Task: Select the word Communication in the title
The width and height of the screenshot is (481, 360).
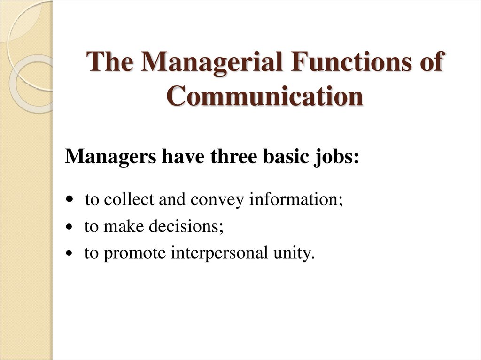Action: (x=265, y=96)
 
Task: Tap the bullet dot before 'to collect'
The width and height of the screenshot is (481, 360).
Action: (x=70, y=200)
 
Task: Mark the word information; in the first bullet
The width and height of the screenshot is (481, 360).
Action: (x=296, y=199)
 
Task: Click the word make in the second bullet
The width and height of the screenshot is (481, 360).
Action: (x=124, y=227)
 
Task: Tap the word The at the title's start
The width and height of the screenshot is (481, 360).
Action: (x=112, y=63)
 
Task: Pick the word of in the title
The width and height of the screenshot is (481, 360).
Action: (x=432, y=63)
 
